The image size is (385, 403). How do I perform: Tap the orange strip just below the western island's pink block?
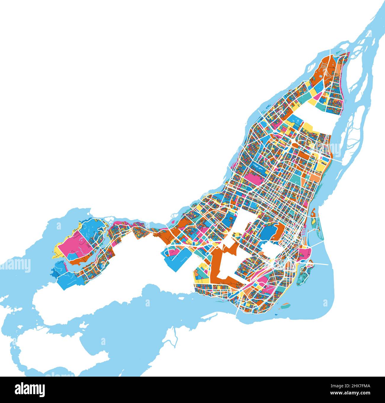(x=80, y=261)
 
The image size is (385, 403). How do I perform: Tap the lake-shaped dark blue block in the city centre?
(x=268, y=232)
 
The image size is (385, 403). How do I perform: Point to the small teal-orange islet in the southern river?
(x=285, y=305)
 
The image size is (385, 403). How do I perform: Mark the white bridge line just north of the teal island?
(x=320, y=263)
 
